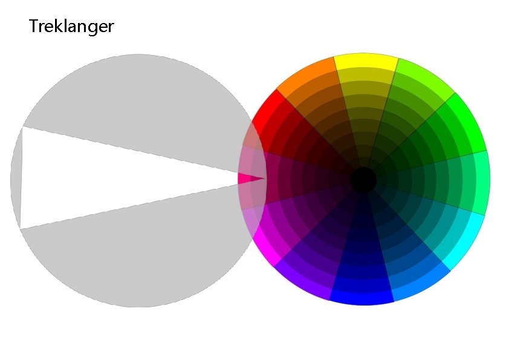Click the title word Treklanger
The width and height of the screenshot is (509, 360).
click(x=71, y=27)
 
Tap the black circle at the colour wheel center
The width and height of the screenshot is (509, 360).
click(x=363, y=180)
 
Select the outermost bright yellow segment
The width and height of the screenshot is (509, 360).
click(x=366, y=61)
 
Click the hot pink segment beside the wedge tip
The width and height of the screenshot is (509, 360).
click(x=244, y=179)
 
